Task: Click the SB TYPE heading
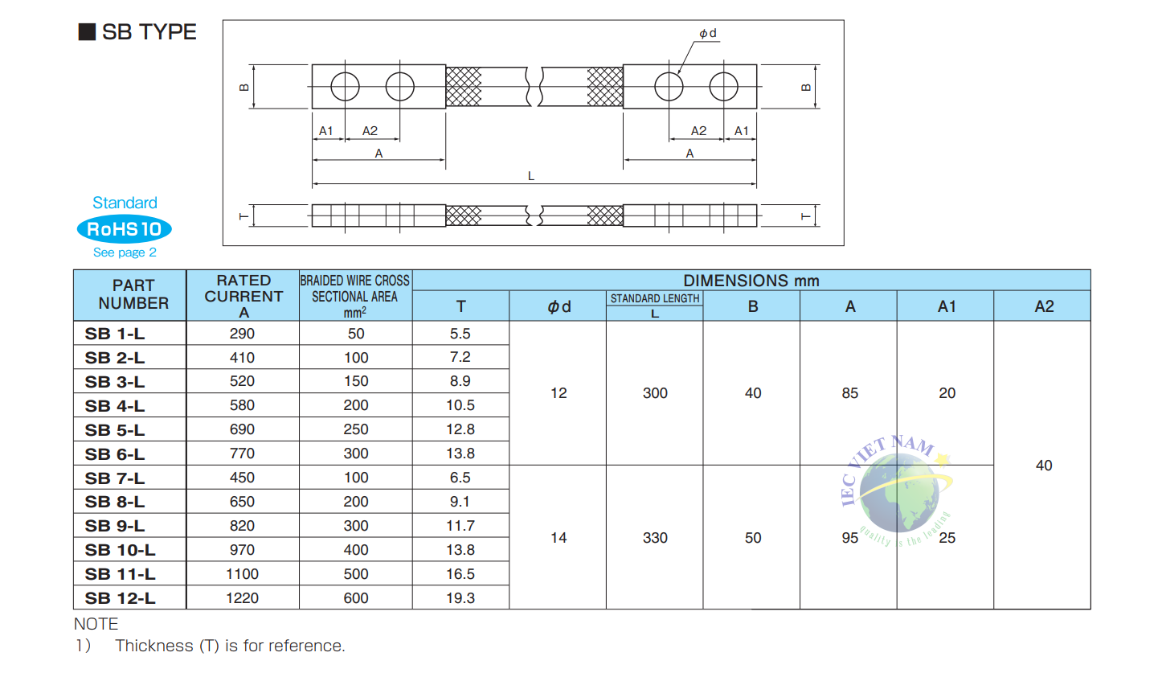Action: click(x=137, y=32)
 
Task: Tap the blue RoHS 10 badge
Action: click(x=124, y=228)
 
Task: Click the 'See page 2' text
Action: click(x=125, y=252)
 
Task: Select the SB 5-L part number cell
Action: click(x=115, y=430)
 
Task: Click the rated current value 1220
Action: click(x=242, y=598)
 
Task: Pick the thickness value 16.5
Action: click(x=460, y=573)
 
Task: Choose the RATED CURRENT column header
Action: click(x=243, y=296)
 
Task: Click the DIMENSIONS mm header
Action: click(x=751, y=281)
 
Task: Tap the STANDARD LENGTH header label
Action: click(x=654, y=298)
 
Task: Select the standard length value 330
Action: click(x=655, y=537)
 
